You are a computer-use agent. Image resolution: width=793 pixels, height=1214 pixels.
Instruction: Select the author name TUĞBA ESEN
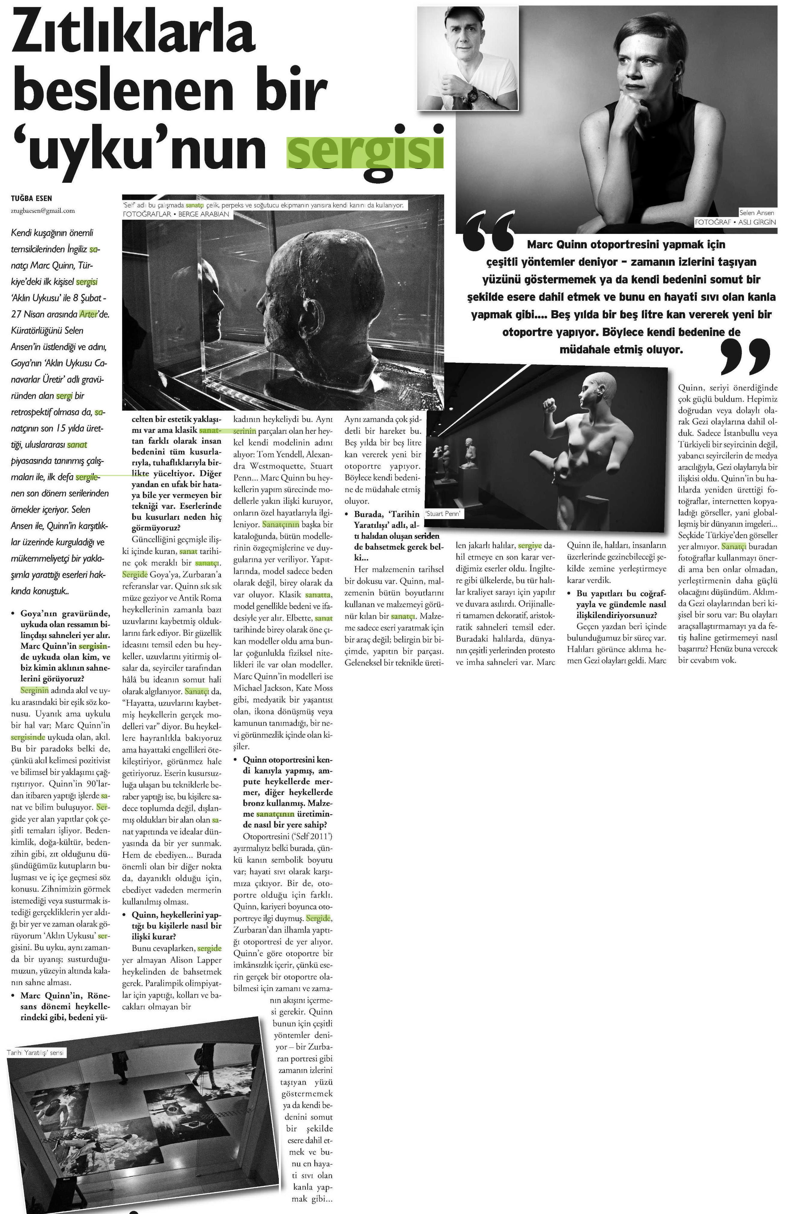point(31,198)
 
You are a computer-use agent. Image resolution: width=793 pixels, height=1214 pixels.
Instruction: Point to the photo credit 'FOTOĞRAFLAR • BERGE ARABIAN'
point(176,214)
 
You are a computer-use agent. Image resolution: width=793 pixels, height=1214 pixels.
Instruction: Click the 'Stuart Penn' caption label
point(443,514)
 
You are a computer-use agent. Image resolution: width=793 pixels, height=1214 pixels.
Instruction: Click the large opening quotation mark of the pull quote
point(489,233)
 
